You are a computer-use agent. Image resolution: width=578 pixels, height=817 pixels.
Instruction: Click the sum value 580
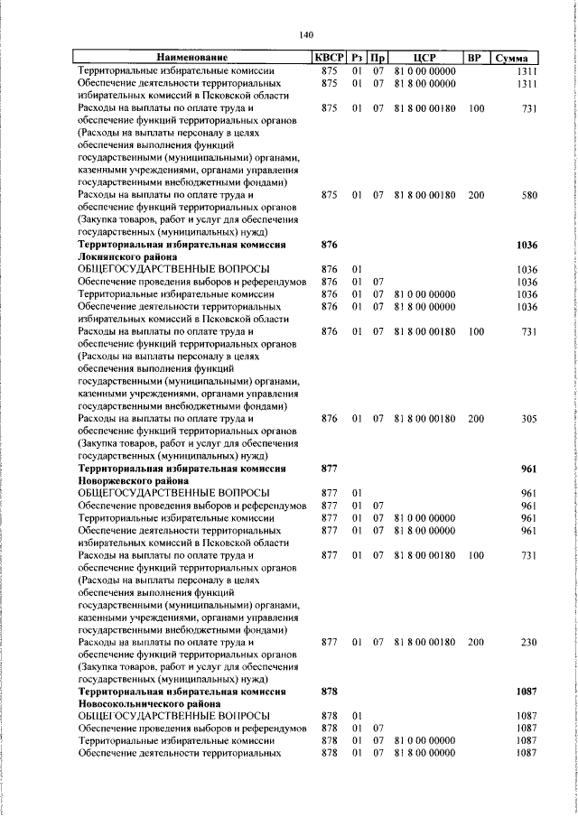click(x=528, y=194)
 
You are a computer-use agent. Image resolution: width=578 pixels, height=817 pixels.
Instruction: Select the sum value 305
click(x=528, y=419)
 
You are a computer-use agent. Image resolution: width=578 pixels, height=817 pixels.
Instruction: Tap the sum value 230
click(x=528, y=643)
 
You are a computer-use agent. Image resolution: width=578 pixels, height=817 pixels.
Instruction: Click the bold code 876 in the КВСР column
click(x=329, y=245)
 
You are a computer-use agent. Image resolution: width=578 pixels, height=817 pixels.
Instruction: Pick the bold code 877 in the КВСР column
click(x=329, y=469)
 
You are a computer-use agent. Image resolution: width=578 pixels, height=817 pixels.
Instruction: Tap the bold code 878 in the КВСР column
click(x=329, y=692)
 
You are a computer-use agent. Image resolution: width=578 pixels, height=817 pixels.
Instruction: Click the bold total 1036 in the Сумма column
click(x=526, y=245)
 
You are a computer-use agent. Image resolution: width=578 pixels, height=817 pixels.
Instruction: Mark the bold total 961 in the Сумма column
click(x=528, y=469)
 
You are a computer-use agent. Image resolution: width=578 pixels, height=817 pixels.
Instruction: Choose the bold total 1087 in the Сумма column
click(x=526, y=692)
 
